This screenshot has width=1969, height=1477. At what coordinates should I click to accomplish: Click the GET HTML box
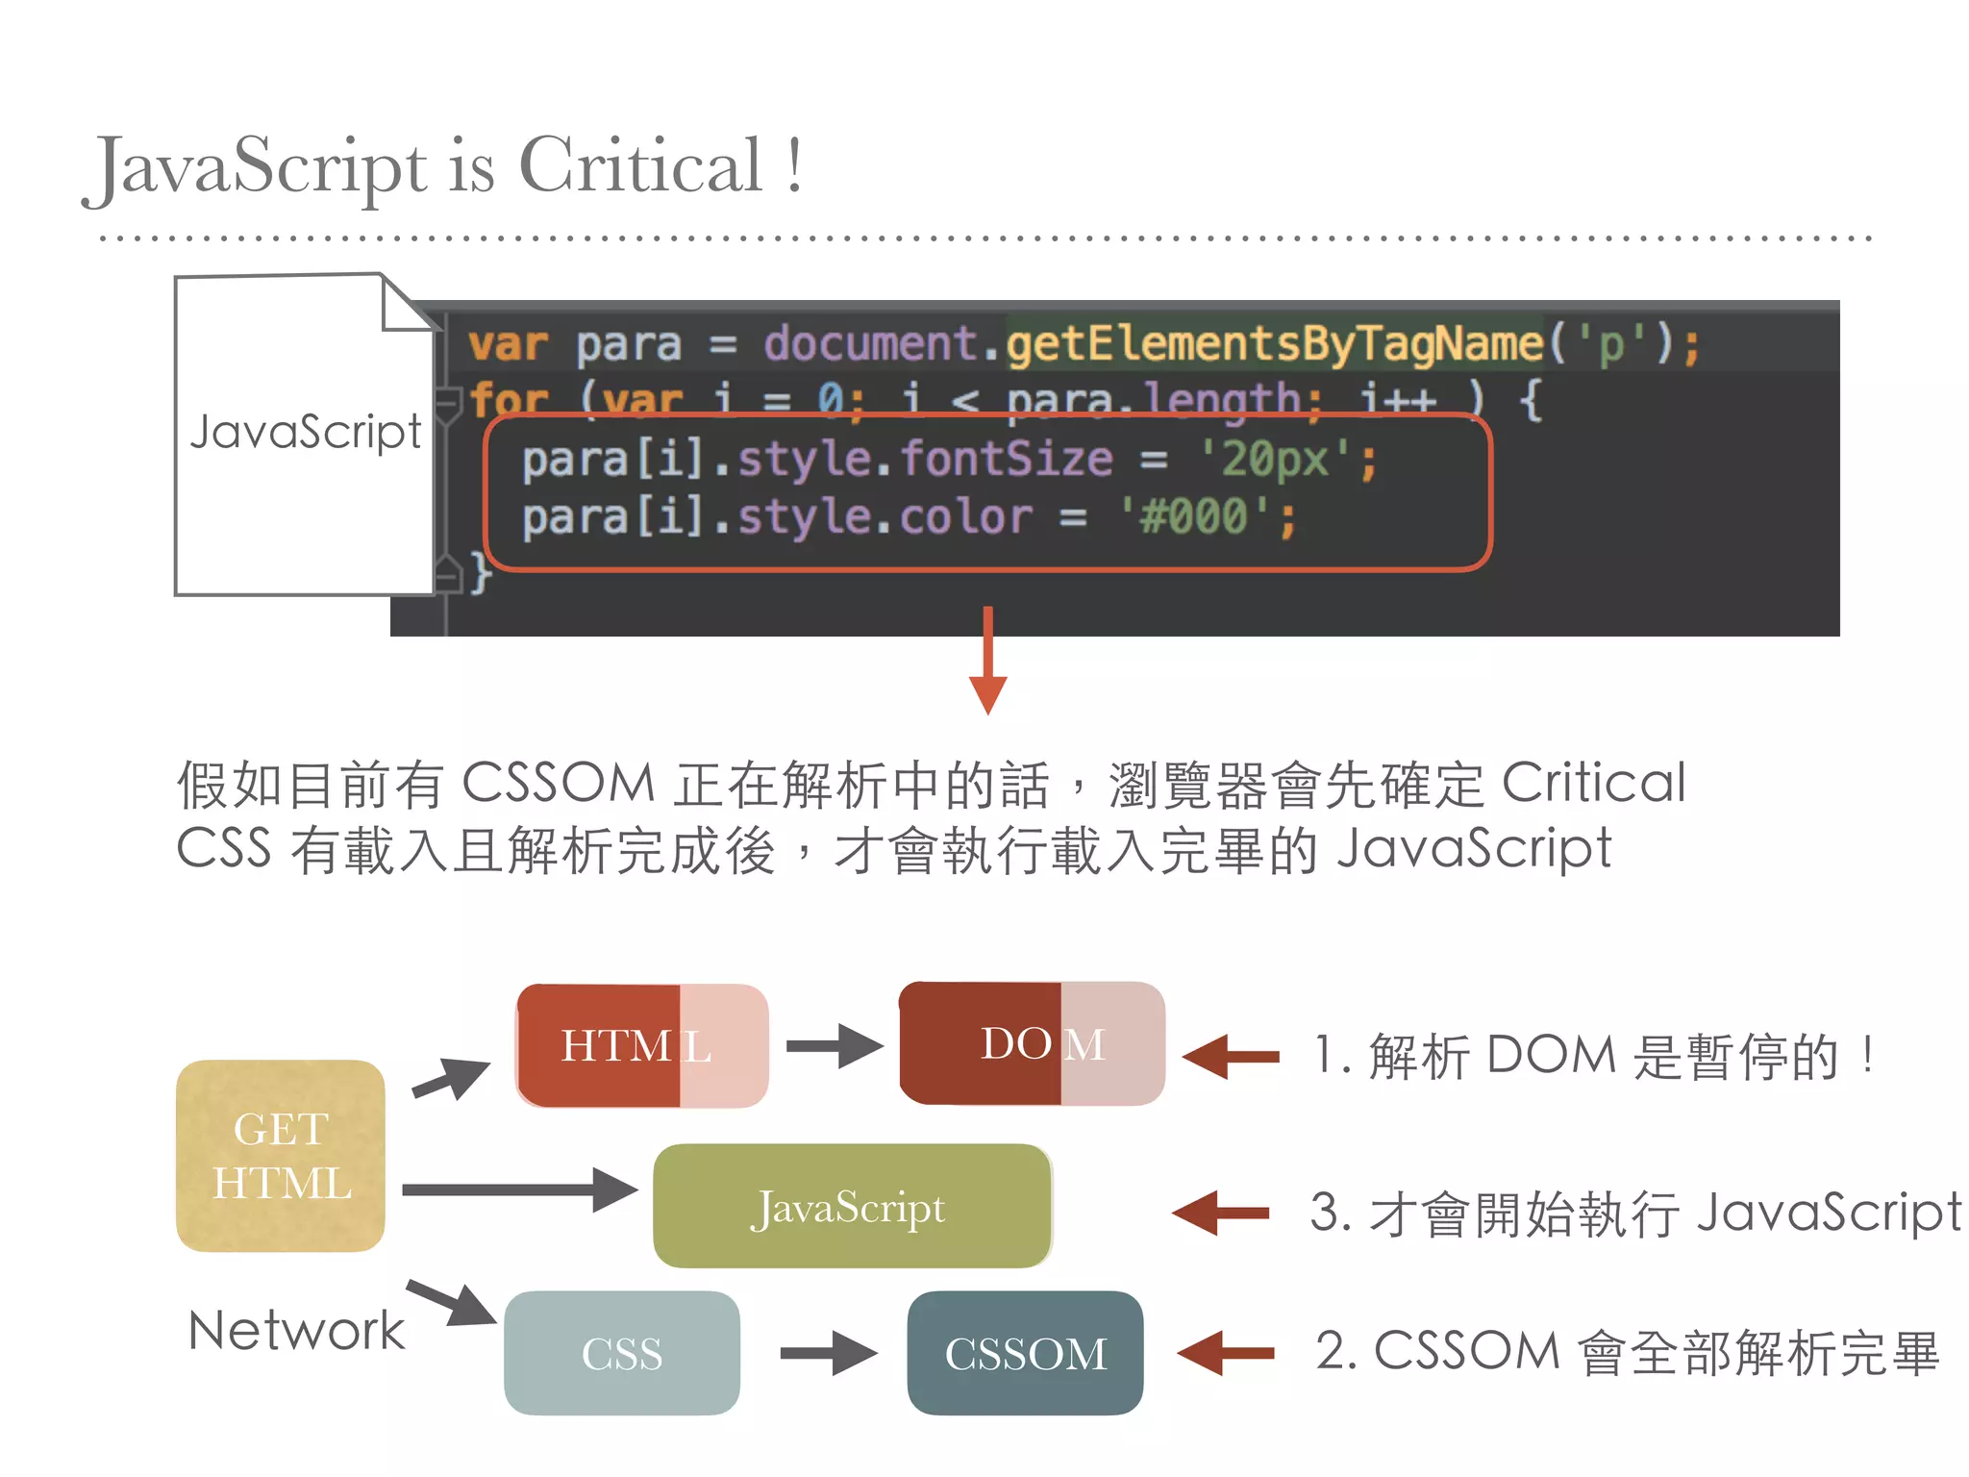[x=281, y=1156]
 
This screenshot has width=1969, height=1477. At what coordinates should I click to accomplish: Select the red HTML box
[x=641, y=1045]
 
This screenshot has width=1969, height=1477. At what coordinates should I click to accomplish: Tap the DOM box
[x=1032, y=1044]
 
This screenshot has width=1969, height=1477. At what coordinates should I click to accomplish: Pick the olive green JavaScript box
[x=852, y=1206]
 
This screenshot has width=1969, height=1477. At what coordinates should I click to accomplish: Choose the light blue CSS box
[x=621, y=1353]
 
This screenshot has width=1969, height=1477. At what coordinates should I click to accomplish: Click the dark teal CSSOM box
[x=1025, y=1353]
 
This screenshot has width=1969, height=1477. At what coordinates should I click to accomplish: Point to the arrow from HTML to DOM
[x=833, y=1046]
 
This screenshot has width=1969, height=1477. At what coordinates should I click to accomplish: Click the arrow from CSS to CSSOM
[x=828, y=1353]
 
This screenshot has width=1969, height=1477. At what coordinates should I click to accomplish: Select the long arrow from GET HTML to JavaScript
[x=518, y=1189]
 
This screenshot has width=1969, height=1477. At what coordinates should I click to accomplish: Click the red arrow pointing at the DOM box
[x=1231, y=1057]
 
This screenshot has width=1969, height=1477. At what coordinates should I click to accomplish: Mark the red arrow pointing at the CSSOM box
[x=1225, y=1353]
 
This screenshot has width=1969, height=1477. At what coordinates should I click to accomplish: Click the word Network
[x=296, y=1331]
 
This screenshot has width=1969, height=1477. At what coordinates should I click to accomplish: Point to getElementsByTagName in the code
[x=1274, y=344]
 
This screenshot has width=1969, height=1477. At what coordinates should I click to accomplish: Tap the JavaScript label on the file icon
[x=306, y=432]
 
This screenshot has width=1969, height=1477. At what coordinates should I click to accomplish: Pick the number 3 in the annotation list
[x=1325, y=1212]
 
